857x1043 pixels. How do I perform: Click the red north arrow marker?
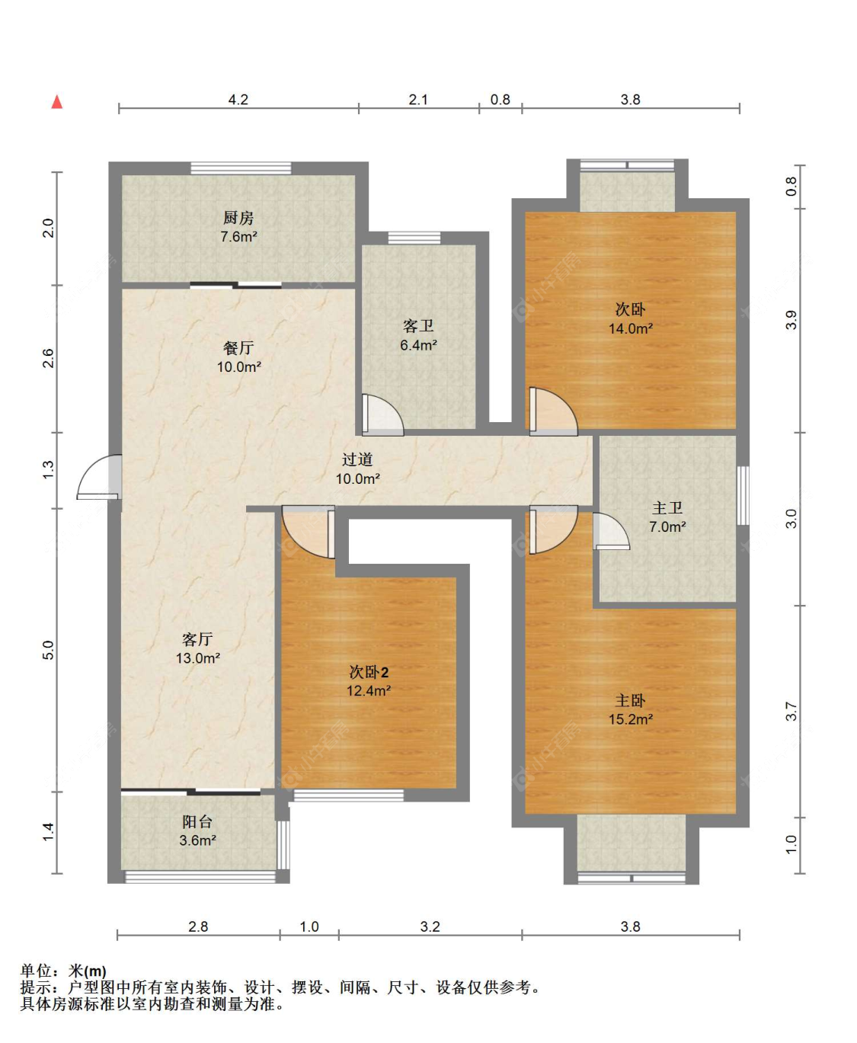pos(57,102)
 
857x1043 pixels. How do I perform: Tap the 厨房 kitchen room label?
pos(238,217)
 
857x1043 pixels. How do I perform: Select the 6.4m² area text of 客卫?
pos(418,344)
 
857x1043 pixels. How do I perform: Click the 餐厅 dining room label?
pos(238,347)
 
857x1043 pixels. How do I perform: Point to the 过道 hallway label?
pos(357,459)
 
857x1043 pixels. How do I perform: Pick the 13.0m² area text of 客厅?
pos(198,657)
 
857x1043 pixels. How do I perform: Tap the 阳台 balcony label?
pos(197,821)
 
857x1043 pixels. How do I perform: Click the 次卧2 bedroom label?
pos(369,672)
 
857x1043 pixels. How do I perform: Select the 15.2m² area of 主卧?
pos(631,719)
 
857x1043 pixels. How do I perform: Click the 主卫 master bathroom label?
pos(667,507)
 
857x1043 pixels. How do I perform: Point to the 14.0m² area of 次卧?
pos(631,328)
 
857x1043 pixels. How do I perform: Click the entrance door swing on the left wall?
pos(99,477)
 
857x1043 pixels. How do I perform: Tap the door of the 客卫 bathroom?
pos(382,415)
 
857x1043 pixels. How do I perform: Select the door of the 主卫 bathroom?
pos(611,532)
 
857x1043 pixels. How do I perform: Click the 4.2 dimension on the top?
pos(238,99)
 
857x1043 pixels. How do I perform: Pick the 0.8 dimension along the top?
pos(500,99)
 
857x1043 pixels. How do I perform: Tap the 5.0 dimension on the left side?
pos(48,649)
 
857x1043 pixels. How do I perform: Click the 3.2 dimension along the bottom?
pos(430,926)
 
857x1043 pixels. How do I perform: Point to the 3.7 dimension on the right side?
pos(791,711)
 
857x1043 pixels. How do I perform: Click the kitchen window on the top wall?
pos(241,168)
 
